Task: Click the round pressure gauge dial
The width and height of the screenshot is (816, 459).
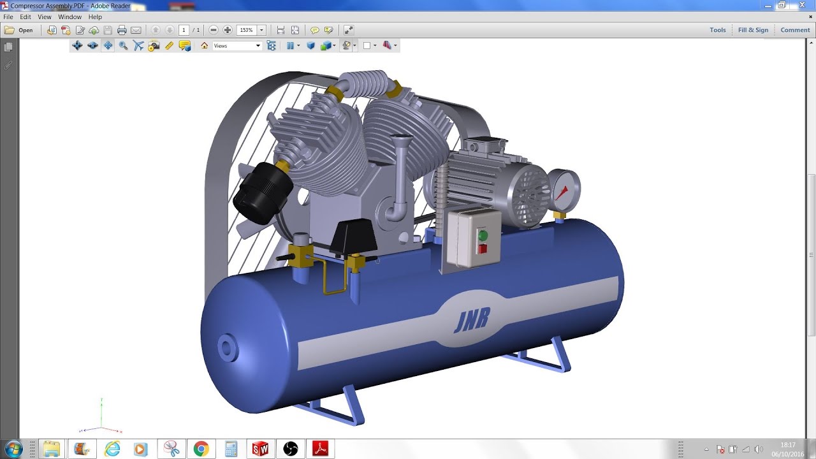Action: pyautogui.click(x=564, y=189)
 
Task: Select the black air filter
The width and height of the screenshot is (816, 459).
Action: pyautogui.click(x=262, y=191)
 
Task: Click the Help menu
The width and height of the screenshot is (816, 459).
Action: pyautogui.click(x=95, y=17)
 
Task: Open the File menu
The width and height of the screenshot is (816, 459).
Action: pyautogui.click(x=8, y=17)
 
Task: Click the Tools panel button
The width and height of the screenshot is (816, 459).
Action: pyautogui.click(x=718, y=30)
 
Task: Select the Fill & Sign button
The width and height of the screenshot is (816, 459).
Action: pyautogui.click(x=753, y=30)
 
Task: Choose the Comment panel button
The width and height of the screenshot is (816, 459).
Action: pyautogui.click(x=795, y=30)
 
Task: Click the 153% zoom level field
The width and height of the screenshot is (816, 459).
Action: pyautogui.click(x=247, y=30)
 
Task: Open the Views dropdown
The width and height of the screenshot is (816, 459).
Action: pyautogui.click(x=237, y=46)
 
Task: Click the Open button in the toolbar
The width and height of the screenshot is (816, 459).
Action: pyautogui.click(x=19, y=30)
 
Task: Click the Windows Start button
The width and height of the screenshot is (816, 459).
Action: pyautogui.click(x=13, y=448)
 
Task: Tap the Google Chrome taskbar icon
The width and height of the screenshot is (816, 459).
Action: pyautogui.click(x=201, y=449)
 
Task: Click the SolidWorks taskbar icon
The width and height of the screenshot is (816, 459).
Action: pyautogui.click(x=260, y=449)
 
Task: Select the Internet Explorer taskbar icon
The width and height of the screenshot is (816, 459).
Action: pyautogui.click(x=112, y=449)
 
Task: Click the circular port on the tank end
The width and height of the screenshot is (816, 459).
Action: pyautogui.click(x=228, y=347)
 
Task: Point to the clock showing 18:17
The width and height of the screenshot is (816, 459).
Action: pyautogui.click(x=788, y=445)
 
